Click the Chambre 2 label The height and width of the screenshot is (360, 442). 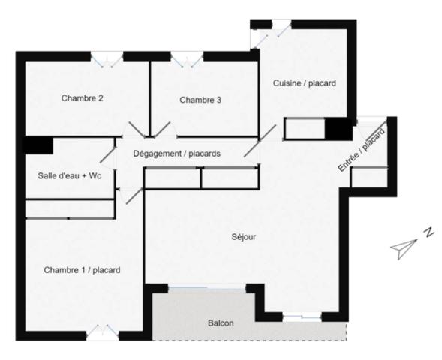82,98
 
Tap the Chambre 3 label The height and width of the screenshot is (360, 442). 200,100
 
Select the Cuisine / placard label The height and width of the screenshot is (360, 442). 305,83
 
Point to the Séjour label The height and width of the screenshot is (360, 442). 244,236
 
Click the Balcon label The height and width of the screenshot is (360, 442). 221,322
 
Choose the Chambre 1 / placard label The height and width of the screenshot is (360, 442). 82,270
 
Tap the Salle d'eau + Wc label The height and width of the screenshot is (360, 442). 70,176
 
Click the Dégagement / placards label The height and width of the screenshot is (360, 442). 177,154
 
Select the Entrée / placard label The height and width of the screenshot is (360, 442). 362,150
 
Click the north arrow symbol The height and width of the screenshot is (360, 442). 403,247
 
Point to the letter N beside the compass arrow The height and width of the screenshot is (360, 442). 429,232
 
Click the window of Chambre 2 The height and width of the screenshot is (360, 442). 107,59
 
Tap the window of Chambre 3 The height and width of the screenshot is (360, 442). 187,59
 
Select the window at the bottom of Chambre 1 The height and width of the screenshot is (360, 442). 102,332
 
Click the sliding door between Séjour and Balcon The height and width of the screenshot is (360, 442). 207,288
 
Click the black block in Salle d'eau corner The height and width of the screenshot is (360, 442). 38,145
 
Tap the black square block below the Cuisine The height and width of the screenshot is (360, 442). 339,129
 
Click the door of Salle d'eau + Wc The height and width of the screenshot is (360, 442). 108,158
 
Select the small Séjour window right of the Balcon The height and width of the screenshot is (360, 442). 302,317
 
